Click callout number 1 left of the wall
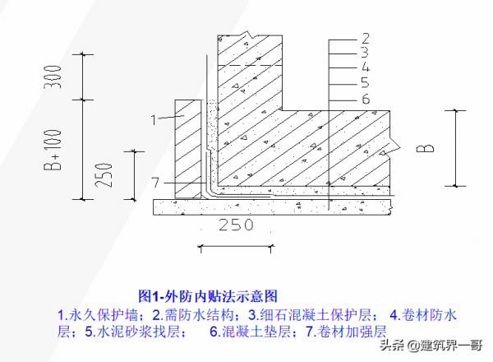tap(152, 120)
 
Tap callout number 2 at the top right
tap(365, 38)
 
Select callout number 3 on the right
tap(365, 52)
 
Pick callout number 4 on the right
tap(365, 67)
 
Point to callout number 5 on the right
tap(365, 82)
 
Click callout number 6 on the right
tap(365, 98)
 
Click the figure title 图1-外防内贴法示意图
tap(208, 295)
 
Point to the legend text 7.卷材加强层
tap(346, 332)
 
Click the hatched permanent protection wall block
tap(187, 148)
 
